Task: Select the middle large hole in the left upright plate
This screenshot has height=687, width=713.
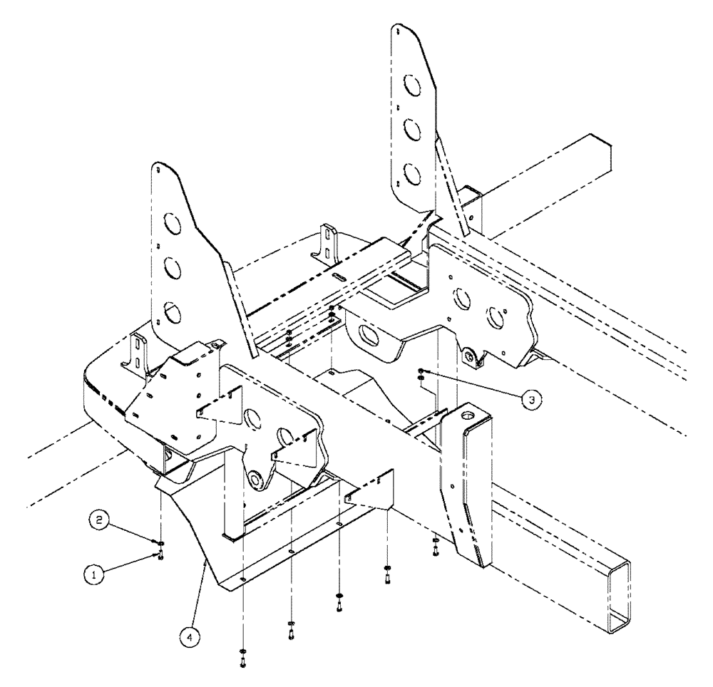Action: [x=172, y=268]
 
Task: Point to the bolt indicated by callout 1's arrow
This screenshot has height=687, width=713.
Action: [x=161, y=555]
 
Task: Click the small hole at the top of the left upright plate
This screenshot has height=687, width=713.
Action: [x=157, y=169]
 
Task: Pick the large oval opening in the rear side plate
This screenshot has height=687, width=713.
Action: [x=371, y=334]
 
